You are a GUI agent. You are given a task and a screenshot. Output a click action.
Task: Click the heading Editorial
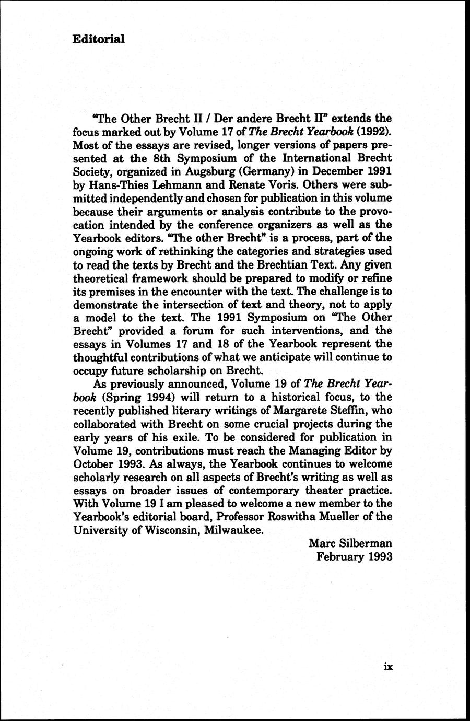(98, 39)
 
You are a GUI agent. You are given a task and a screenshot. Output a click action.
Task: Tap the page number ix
(387, 666)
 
